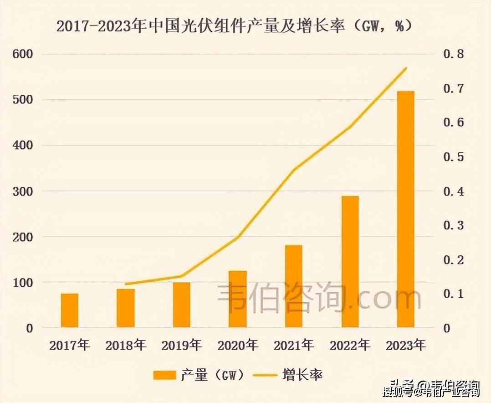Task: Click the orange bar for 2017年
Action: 70,310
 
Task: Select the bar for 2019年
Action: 182,305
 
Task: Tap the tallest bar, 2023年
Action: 405,209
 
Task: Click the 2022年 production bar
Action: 350,262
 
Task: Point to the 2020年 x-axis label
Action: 238,346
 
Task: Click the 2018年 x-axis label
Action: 126,346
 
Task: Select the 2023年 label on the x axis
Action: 405,346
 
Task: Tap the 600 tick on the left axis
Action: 22,54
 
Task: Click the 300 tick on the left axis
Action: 22,191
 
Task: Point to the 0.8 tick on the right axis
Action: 453,54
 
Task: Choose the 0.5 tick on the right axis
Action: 453,157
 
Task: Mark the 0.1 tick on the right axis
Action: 453,294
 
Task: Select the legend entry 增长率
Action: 292,375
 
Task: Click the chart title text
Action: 234,26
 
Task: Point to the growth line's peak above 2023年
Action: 406,68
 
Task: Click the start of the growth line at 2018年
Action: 126,284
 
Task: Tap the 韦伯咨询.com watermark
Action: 319,297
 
